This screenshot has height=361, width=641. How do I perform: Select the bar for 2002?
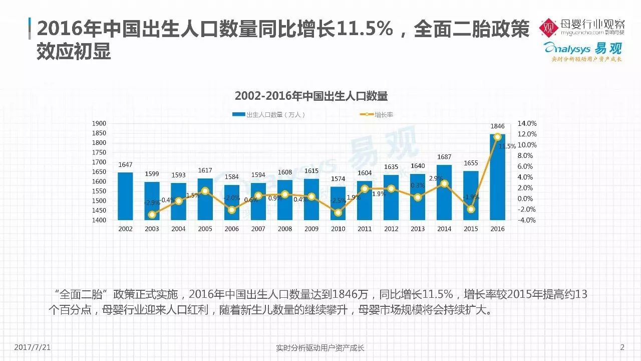click(x=125, y=196)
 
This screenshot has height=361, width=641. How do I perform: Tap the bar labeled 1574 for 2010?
click(x=338, y=203)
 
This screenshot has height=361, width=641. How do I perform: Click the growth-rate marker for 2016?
click(x=497, y=136)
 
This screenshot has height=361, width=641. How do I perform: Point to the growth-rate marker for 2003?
click(x=152, y=215)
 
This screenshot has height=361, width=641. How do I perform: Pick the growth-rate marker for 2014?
click(x=444, y=184)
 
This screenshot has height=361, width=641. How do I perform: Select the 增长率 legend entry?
click(x=377, y=115)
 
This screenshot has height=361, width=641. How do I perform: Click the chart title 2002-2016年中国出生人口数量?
click(x=311, y=96)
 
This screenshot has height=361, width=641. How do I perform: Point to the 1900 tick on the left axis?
click(x=100, y=123)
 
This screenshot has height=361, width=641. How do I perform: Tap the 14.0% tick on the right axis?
click(x=527, y=123)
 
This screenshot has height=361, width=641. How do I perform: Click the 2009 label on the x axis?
click(x=311, y=229)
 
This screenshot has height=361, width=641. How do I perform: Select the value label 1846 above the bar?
click(x=497, y=127)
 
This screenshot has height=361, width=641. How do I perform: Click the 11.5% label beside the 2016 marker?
click(x=507, y=146)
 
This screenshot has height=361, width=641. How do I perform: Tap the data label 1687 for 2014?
click(x=444, y=157)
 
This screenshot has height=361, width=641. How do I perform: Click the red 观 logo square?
click(x=548, y=28)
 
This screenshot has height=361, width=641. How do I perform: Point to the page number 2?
click(x=622, y=347)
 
